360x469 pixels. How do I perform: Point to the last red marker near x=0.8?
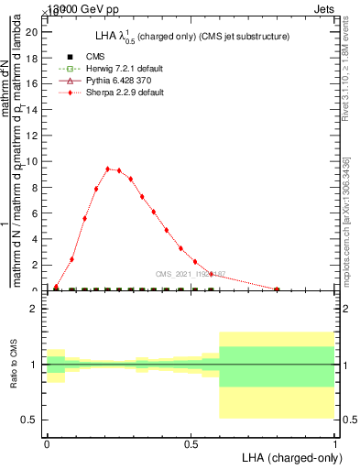click(277, 289)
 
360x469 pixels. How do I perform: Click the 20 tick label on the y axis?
click(32, 32)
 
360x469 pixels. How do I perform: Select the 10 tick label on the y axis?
click(32, 162)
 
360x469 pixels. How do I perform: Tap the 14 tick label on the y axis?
click(32, 110)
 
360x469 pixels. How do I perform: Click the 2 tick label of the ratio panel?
click(35, 310)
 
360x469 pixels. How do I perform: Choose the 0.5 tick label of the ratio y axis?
click(31, 420)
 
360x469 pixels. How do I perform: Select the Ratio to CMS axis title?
click(14, 365)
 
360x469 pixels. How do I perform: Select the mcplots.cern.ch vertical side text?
click(346, 220)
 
